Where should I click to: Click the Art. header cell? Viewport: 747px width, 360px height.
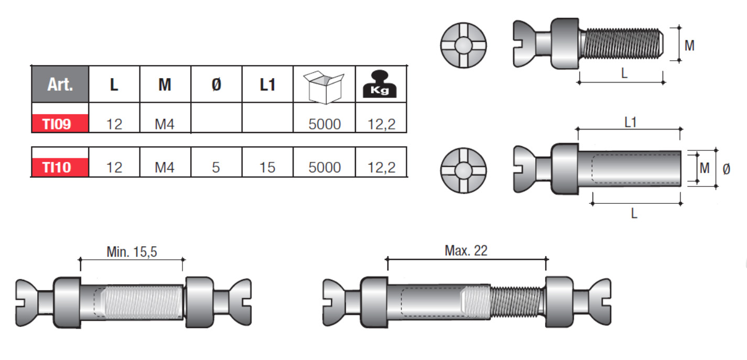(60, 84)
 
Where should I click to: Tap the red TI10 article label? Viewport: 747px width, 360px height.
(59, 167)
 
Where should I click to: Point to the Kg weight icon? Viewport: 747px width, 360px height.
(380, 84)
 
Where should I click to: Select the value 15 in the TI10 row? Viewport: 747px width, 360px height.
(267, 168)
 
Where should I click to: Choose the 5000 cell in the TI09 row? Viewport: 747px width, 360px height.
(324, 124)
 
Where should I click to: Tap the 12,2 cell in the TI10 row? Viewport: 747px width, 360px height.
(381, 168)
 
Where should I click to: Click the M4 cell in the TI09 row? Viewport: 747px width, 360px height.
(165, 125)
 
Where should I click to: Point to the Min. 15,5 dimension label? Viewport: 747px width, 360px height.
(132, 252)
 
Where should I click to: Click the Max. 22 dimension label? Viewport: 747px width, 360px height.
(466, 250)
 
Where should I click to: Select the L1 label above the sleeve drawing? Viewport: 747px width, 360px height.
(631, 122)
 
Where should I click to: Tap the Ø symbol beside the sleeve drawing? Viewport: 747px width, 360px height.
(726, 169)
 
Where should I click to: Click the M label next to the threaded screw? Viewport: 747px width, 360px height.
(689, 46)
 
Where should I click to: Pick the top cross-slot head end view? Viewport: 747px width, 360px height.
(463, 44)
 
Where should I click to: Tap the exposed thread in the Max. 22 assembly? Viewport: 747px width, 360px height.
(516, 302)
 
